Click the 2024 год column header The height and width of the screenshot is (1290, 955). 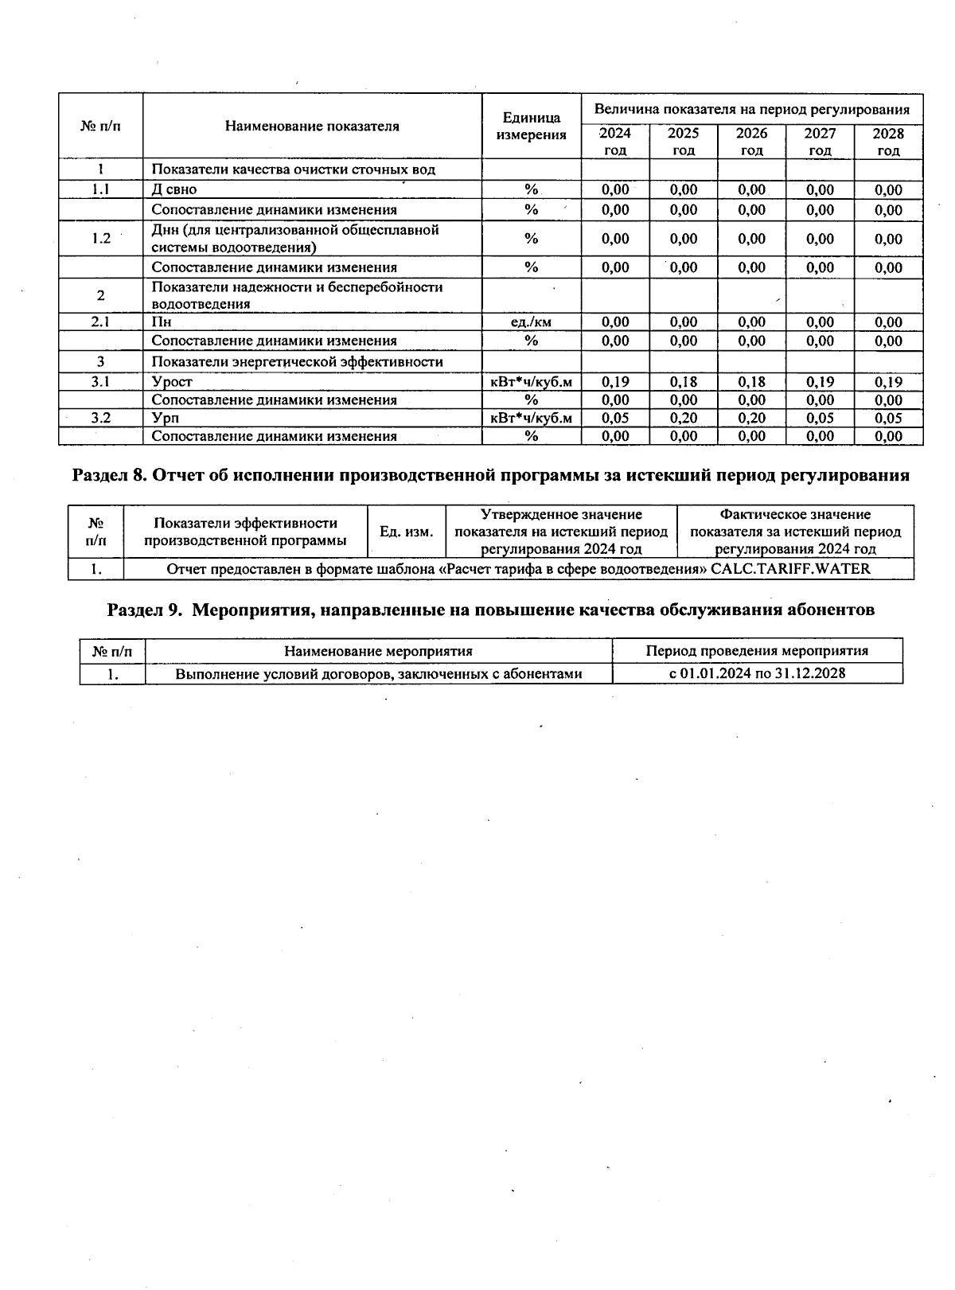[x=615, y=142]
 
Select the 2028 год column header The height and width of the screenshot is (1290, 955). [x=888, y=142]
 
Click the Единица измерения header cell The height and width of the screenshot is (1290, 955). [x=532, y=126]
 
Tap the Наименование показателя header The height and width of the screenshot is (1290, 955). [x=312, y=126]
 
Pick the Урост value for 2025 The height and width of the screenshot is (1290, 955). [x=683, y=382]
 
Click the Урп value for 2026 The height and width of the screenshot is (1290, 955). [x=751, y=418]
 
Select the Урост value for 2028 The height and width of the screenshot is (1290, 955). [x=888, y=382]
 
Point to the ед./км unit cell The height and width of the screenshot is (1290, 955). [x=532, y=322]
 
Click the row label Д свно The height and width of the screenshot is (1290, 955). [x=174, y=189]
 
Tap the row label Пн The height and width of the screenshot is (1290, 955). [x=162, y=322]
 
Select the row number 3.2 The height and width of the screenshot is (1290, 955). [x=100, y=418]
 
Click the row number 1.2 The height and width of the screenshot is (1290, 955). [x=100, y=239]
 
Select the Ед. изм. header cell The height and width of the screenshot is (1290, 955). [x=407, y=532]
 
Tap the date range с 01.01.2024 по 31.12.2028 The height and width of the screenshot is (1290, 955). [x=757, y=673]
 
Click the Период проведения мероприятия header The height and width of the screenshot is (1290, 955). [x=757, y=651]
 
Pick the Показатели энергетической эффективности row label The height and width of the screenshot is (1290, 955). [x=297, y=361]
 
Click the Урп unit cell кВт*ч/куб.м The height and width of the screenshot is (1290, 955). [x=532, y=418]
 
